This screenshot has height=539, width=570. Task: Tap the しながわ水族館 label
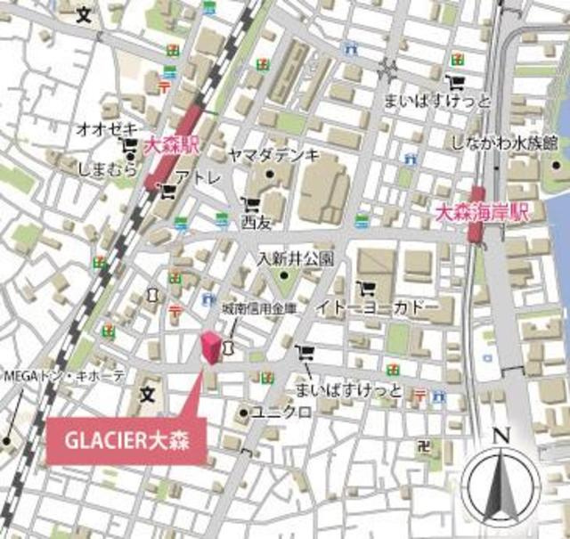504,142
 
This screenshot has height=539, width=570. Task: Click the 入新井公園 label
296,259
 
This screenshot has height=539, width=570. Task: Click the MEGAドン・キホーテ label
64,376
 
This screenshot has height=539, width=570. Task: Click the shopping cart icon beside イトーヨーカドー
365,288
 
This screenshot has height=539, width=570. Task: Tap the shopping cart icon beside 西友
247,204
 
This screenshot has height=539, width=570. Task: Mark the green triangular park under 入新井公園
286,283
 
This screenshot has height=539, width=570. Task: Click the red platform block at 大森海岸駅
478,214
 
